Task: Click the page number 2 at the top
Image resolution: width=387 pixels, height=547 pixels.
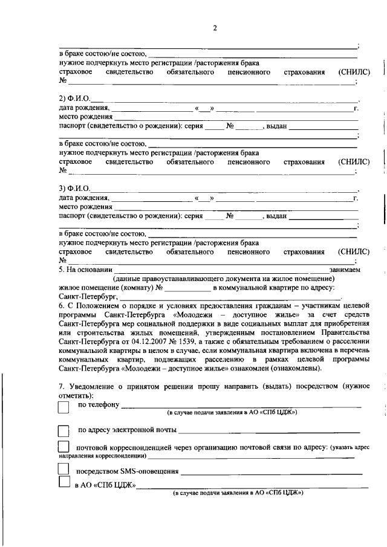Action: [215, 28]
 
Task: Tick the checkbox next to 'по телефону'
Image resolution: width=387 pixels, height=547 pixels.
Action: [63, 407]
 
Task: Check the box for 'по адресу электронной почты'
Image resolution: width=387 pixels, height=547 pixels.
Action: [63, 431]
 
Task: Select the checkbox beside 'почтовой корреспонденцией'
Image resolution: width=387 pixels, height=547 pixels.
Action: [63, 447]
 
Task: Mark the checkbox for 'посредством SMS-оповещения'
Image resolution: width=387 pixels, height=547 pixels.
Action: [63, 470]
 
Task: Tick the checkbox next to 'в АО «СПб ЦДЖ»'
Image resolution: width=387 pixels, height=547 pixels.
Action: [63, 483]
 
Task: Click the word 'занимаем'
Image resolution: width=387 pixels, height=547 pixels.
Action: [345, 270]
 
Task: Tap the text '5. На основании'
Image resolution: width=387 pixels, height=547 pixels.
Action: [85, 270]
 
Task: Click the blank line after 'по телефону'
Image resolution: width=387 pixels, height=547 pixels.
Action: [242, 406]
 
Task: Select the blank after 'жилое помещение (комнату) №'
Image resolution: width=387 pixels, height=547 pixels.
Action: [185, 288]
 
